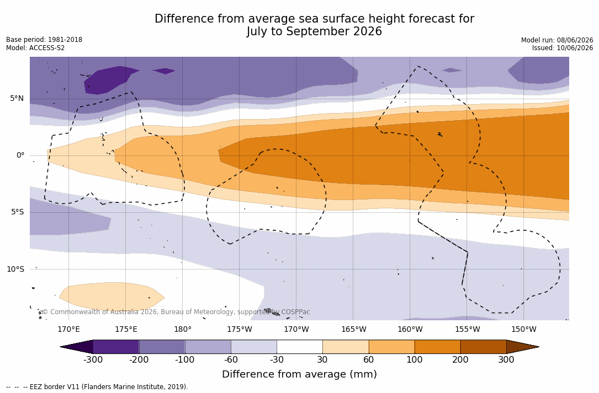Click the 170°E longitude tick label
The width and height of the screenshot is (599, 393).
pyautogui.click(x=69, y=329)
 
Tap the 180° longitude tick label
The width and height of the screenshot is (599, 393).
pyautogui.click(x=183, y=329)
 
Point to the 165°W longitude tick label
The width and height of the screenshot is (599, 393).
pyautogui.click(x=353, y=329)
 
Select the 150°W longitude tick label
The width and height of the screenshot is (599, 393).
pyautogui.click(x=524, y=329)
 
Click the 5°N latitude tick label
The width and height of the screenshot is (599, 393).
pyautogui.click(x=17, y=99)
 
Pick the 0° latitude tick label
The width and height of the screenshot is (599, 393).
pyautogui.click(x=20, y=155)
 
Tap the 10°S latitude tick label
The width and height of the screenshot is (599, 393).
pyautogui.click(x=15, y=269)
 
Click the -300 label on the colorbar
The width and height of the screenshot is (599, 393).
pyautogui.click(x=93, y=359)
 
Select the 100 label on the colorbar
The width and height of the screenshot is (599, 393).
pyautogui.click(x=415, y=359)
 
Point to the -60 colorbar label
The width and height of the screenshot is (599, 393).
pyautogui.click(x=231, y=359)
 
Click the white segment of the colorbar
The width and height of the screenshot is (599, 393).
pyautogui.click(x=300, y=347)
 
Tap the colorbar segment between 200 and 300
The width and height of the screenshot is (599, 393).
pyautogui.click(x=483, y=347)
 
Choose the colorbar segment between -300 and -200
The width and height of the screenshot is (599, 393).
pyautogui.click(x=116, y=347)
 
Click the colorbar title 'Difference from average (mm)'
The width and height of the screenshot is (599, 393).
pyautogui.click(x=299, y=374)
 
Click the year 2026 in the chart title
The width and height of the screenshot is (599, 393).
pyautogui.click(x=367, y=31)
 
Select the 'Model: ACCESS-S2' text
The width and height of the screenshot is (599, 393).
pyautogui.click(x=35, y=48)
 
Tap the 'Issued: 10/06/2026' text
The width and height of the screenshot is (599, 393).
pyautogui.click(x=563, y=48)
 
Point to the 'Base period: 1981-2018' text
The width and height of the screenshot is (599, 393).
pyautogui.click(x=44, y=40)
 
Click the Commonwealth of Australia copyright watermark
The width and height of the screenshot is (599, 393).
pyautogui.click(x=176, y=312)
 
